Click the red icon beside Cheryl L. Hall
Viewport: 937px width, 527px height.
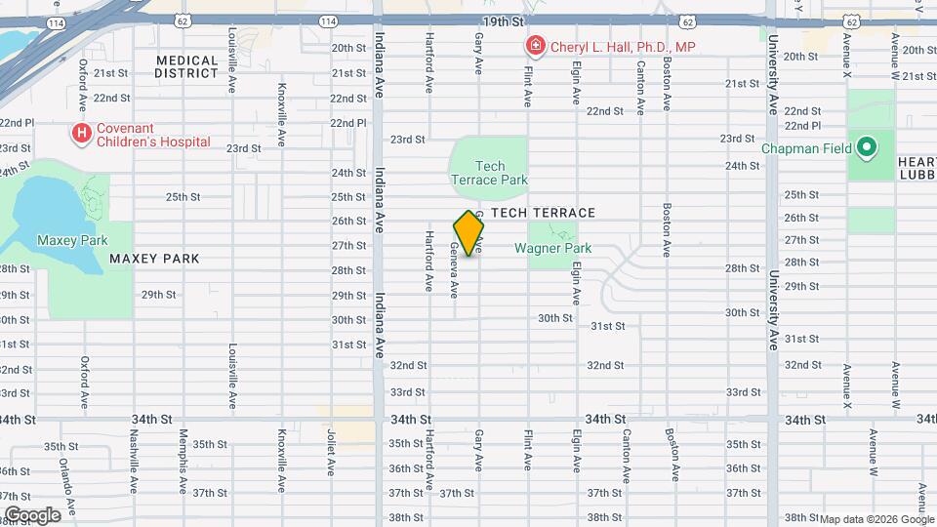point(535,46)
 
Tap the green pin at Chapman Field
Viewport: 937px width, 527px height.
point(866,149)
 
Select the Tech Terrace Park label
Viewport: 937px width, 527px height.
point(489,173)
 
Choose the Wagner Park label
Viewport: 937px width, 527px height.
point(553,248)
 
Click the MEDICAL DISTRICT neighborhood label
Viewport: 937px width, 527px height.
point(186,66)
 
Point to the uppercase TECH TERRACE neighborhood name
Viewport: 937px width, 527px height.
point(544,213)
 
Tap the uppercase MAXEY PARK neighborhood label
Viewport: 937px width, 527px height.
point(154,259)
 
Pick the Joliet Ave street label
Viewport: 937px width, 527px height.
point(331,452)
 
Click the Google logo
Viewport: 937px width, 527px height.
point(33,515)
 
